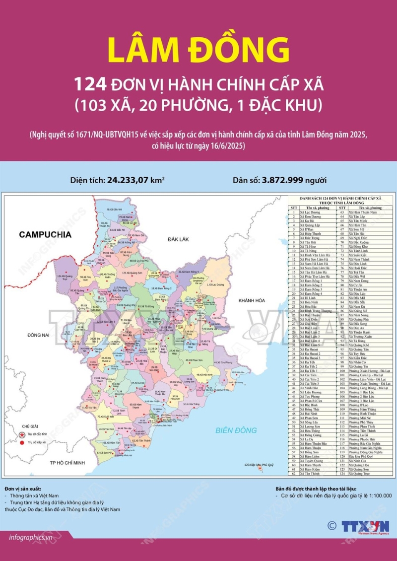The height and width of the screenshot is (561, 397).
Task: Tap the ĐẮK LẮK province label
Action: tap(179, 239)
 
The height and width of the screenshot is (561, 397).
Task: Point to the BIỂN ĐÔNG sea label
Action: tap(231, 429)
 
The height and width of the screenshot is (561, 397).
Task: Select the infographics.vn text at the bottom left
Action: tap(31, 538)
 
